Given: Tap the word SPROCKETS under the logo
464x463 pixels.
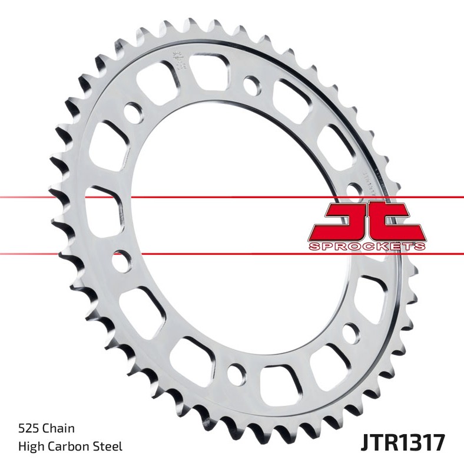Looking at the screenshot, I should point(366,246).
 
